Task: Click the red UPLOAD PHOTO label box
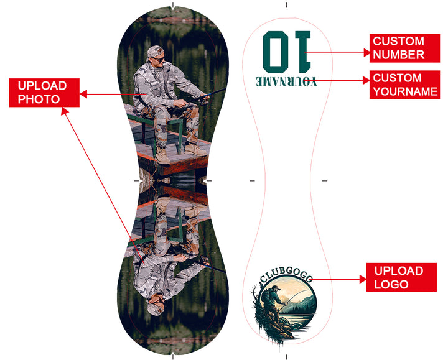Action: tap(44, 93)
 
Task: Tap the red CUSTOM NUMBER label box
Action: tap(404, 48)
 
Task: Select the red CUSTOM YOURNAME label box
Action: tap(404, 85)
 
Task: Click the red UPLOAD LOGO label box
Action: tap(401, 277)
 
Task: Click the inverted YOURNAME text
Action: tap(286, 81)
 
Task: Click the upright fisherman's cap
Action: tap(155, 52)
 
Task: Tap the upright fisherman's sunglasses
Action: tap(159, 60)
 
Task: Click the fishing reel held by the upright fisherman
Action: tap(205, 100)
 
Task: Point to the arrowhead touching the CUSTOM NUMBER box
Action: tap(367, 52)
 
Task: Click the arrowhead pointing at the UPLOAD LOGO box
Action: tap(363, 280)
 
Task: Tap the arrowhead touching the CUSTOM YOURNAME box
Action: tap(366, 80)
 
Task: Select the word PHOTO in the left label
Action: tap(39, 99)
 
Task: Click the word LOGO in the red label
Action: tap(391, 284)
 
